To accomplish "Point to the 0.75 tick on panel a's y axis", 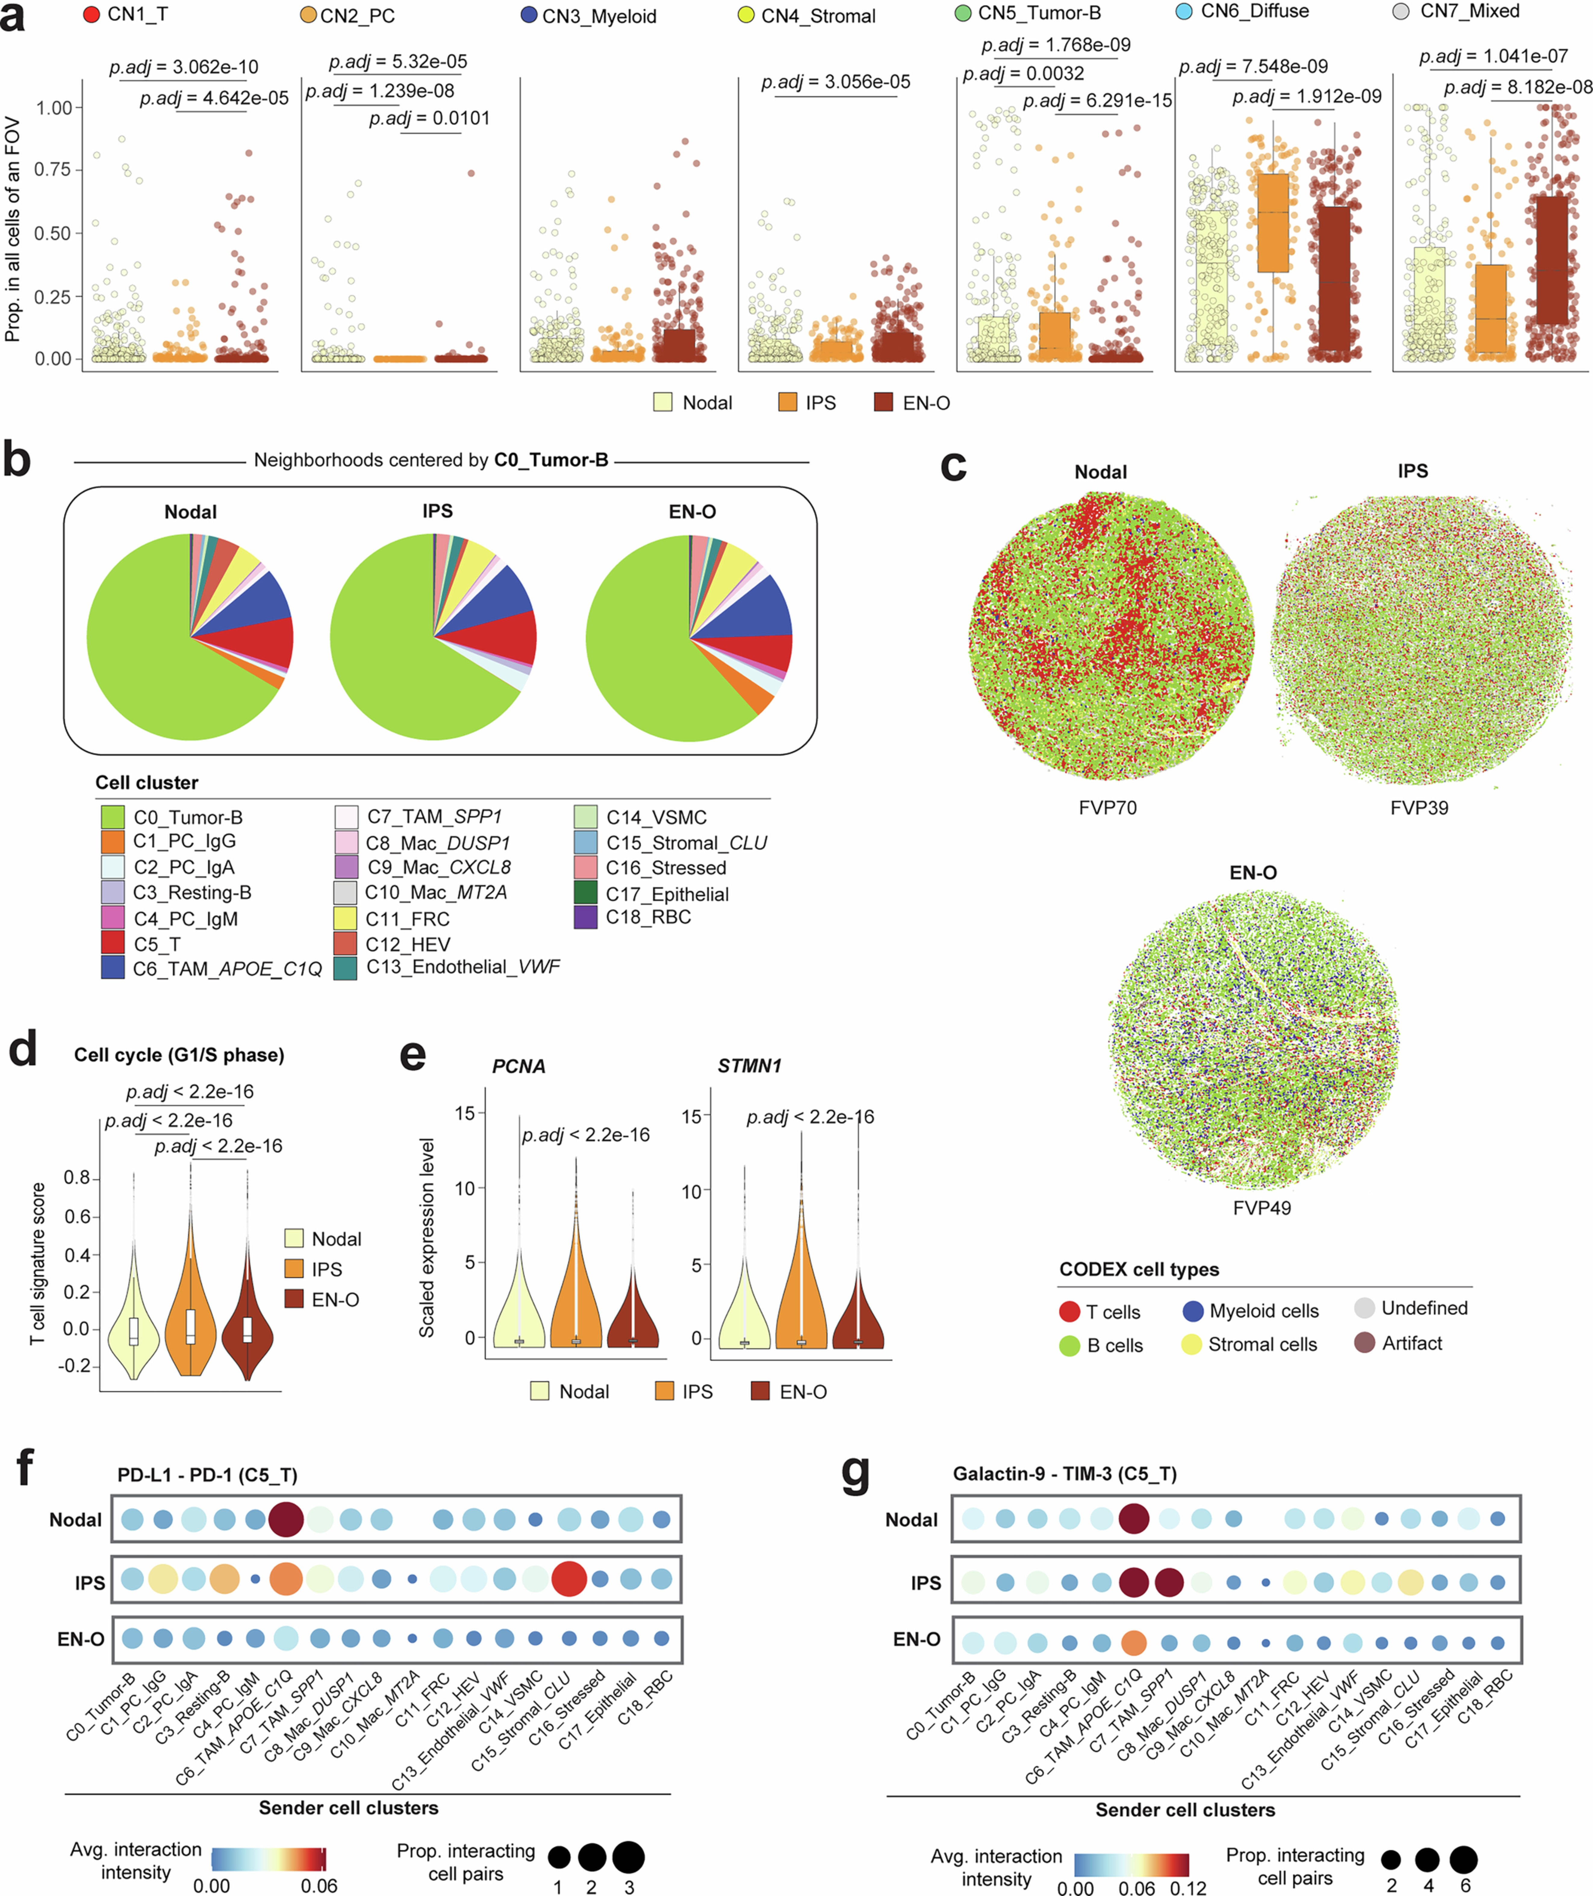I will coord(53,170).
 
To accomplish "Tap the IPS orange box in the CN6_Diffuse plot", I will coord(1273,222).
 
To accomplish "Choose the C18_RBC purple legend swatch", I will coord(585,917).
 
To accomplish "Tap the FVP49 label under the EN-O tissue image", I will coord(1262,1208).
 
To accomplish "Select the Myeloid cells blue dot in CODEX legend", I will coord(1193,1311).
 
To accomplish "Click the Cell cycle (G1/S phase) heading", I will coord(179,1055).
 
